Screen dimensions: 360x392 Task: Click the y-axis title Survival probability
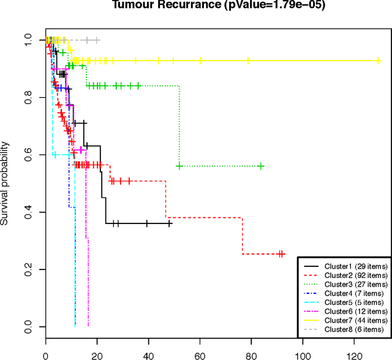click(x=5, y=183)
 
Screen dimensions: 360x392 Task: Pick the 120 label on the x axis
click(x=354, y=354)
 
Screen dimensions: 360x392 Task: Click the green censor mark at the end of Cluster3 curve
click(x=262, y=166)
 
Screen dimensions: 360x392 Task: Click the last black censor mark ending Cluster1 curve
click(x=170, y=224)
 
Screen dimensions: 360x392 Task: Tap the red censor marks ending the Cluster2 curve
click(x=281, y=253)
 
